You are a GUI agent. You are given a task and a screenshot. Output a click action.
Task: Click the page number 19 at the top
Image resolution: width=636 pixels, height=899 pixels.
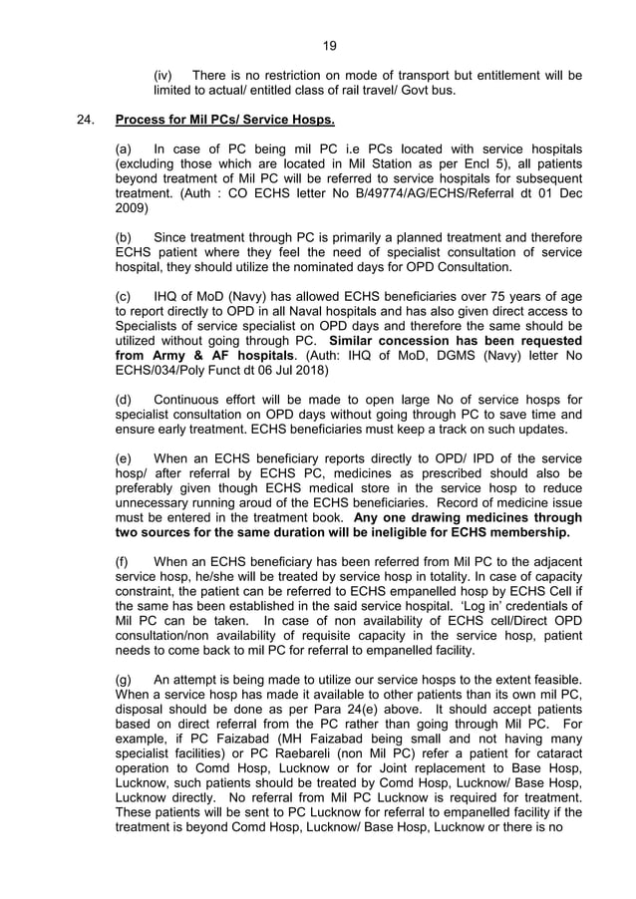[330, 44]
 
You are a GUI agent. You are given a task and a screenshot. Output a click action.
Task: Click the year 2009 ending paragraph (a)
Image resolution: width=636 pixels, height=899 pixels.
[132, 209]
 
